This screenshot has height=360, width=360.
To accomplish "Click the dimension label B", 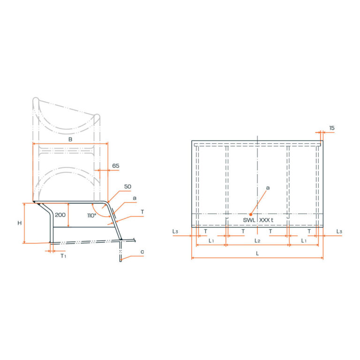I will pos(70,140).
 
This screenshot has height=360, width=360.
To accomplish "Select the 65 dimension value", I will pos(116,166).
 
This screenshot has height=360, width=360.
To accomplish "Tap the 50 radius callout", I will pos(127,187).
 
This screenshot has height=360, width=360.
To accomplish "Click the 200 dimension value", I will pos(60,215).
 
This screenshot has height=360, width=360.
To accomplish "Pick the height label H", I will pos(20,223).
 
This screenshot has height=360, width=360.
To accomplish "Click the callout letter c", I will pos(142,252).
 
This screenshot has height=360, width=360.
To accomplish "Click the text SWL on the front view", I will pos(249,220).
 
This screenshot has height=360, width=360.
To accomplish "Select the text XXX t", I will pos(266,220).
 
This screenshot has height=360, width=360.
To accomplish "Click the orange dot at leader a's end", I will pos(251,214).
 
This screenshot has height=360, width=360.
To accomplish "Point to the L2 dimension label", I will pos(257,240).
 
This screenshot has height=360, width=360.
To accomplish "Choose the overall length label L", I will pos(257,253).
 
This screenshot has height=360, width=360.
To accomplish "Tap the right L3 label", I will pos(339,232).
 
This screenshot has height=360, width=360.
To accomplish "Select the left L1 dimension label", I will pos(211,240).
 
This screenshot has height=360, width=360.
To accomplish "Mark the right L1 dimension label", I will pos(303,240).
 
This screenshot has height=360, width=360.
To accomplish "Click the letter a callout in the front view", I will pos(268,187).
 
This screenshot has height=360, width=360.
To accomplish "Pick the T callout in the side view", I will pos(142,212).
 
